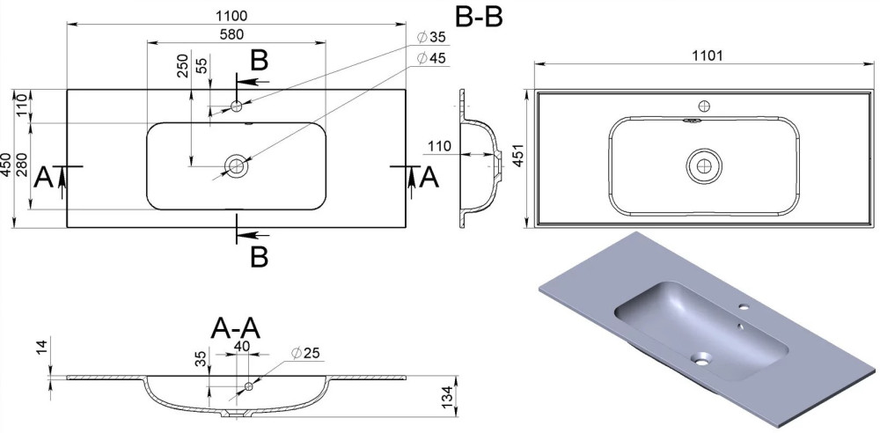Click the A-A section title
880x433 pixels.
point(236,327)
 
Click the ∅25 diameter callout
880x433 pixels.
point(307,354)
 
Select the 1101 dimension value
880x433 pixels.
point(706,55)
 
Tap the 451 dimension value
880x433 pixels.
point(518,158)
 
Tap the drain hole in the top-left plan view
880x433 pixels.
point(236,165)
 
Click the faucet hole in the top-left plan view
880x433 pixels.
point(236,106)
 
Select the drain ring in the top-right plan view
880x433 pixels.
point(703,165)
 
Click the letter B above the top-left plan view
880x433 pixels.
point(259,61)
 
